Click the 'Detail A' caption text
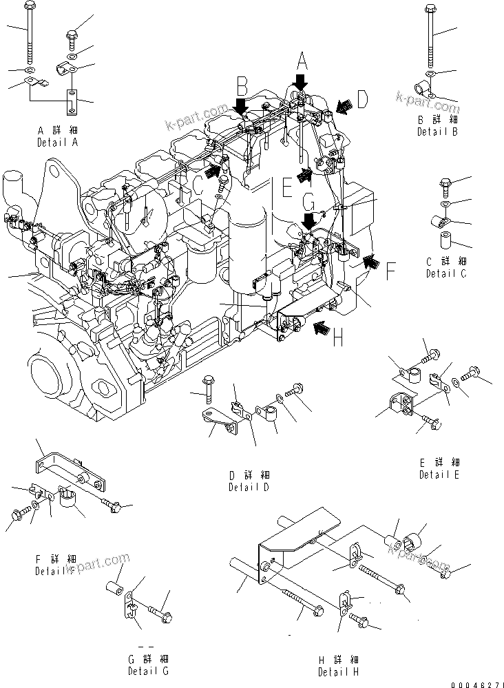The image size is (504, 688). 57,142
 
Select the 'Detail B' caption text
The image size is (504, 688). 437,132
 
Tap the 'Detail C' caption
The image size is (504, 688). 445,273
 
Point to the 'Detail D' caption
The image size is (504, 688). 249,487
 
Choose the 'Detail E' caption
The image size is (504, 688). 439,475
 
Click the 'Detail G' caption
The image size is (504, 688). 147,671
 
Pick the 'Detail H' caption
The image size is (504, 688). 338,671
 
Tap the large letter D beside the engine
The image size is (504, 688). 363,102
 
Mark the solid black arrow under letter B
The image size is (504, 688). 241,107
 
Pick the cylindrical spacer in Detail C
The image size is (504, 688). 446,242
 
